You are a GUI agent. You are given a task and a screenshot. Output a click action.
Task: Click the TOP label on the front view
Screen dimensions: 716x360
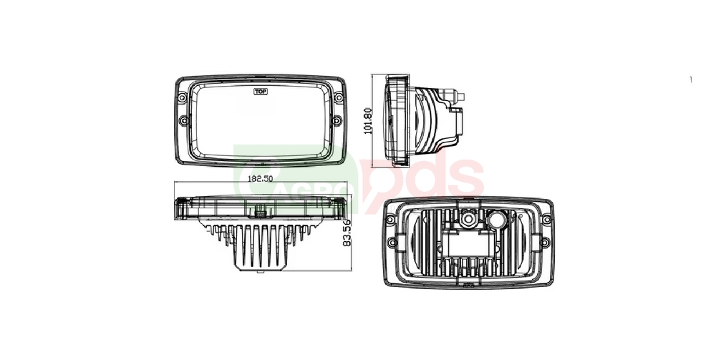coord(261,92)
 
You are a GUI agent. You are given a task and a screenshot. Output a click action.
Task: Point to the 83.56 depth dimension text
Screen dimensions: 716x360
coord(347,233)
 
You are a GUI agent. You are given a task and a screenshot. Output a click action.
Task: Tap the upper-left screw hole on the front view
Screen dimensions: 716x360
coord(182,97)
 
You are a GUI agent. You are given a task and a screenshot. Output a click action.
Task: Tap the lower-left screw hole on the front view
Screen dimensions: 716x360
coord(184,121)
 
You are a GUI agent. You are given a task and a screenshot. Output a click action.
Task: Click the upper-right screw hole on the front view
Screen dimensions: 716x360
coord(339,97)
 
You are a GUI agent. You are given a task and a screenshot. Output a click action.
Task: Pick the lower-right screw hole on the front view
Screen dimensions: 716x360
coord(337,120)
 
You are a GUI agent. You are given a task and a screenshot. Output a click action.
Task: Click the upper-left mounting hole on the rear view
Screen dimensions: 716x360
coord(390,220)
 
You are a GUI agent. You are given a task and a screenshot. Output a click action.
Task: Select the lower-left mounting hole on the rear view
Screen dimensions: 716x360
coord(392,243)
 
